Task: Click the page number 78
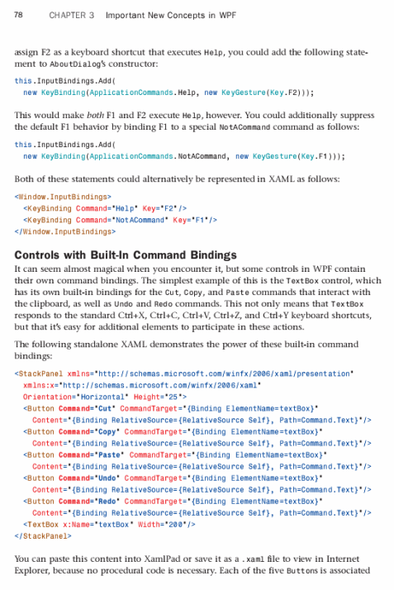(x=18, y=15)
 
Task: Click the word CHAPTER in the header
(x=67, y=15)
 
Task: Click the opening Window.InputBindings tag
(x=64, y=197)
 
